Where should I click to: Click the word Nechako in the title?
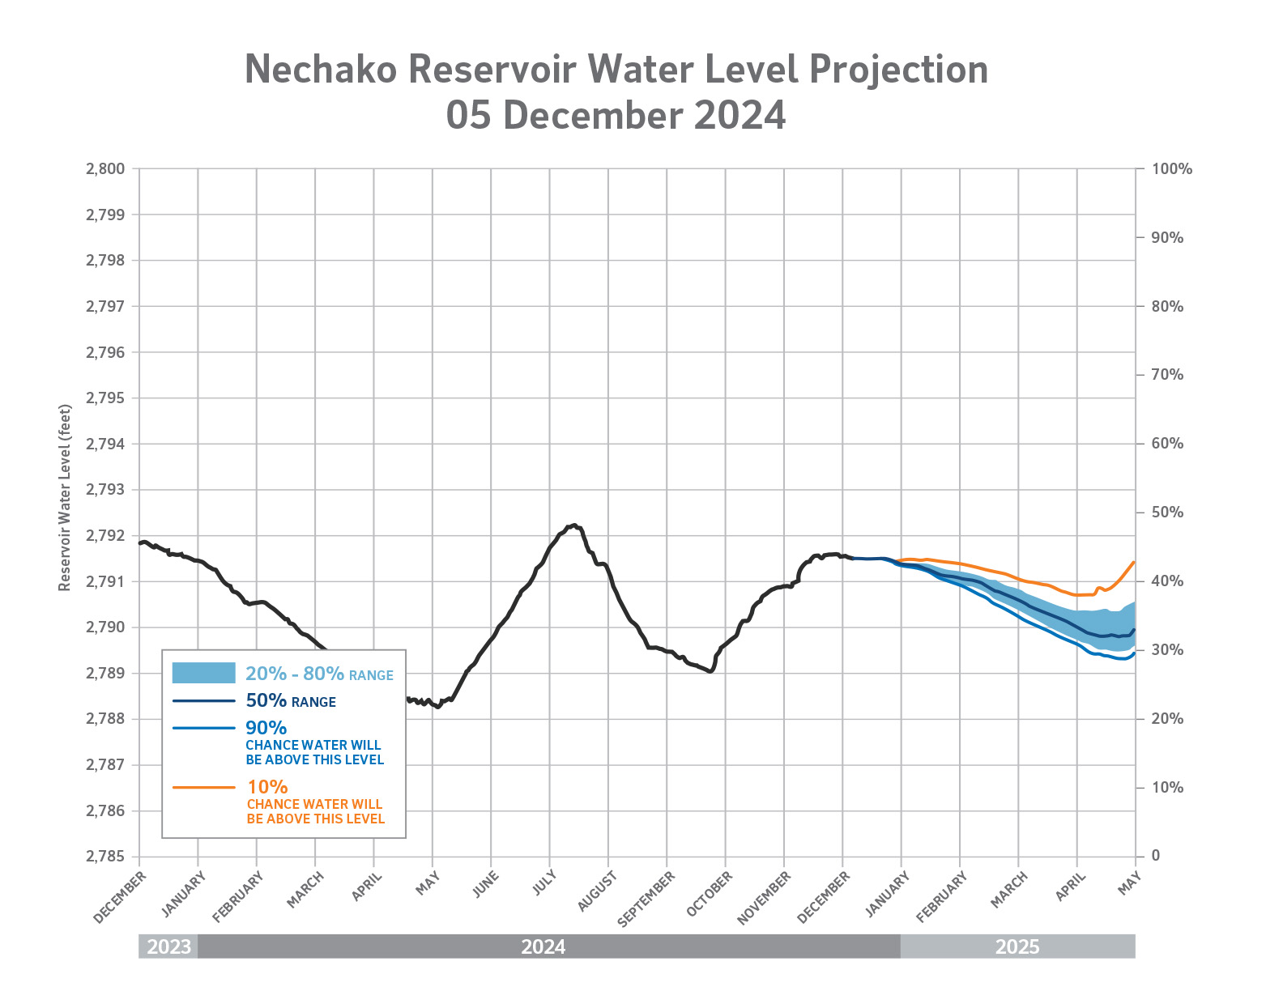(x=321, y=70)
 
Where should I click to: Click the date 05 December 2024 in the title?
(x=616, y=116)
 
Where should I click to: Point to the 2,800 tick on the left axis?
(x=105, y=169)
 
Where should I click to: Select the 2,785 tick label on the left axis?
(x=105, y=857)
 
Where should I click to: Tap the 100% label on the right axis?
(x=1172, y=169)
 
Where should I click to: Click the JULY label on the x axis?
(x=544, y=883)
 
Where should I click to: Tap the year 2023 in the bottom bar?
(x=168, y=946)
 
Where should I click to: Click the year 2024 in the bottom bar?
(x=543, y=946)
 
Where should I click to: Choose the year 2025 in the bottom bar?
(x=1017, y=946)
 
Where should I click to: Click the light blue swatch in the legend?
(x=203, y=673)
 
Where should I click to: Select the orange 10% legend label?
(x=267, y=787)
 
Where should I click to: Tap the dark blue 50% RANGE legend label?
(x=290, y=701)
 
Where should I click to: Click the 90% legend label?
(x=266, y=728)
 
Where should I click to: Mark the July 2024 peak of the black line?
(x=573, y=525)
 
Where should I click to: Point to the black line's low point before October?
(x=710, y=671)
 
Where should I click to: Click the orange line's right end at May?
(x=1133, y=562)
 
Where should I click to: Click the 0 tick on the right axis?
(x=1156, y=856)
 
